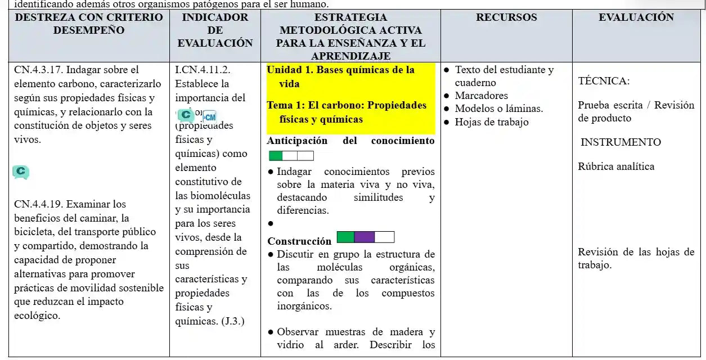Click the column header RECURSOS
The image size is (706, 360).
(x=506, y=17)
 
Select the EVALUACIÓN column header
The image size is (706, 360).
(x=636, y=17)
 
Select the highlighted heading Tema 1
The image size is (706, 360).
(x=287, y=106)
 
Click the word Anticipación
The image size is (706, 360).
(x=297, y=141)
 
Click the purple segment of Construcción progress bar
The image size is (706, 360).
(x=365, y=237)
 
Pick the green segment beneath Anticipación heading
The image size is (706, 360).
(x=276, y=156)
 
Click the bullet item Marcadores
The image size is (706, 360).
(x=481, y=96)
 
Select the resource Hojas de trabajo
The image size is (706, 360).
(x=491, y=122)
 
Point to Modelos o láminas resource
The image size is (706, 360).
(x=498, y=109)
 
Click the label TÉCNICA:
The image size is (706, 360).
(x=604, y=81)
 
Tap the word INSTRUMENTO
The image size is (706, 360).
(x=620, y=142)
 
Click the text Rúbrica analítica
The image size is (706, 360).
(x=616, y=166)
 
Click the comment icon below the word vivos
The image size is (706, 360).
(x=21, y=172)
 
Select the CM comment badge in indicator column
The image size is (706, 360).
(x=209, y=117)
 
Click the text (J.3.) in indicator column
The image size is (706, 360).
(x=232, y=321)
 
